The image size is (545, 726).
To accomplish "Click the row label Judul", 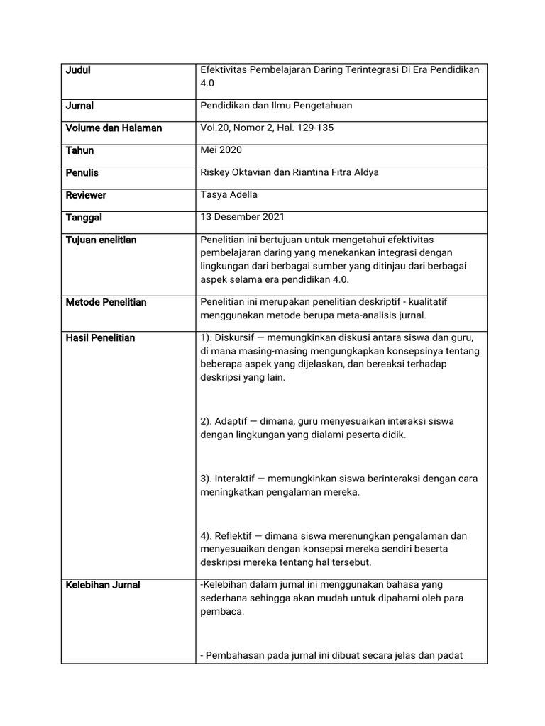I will pyautogui.click(x=78, y=70).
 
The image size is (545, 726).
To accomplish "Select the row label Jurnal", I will pyautogui.click(x=79, y=106).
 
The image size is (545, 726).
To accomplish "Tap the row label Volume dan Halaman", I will pyautogui.click(x=114, y=128).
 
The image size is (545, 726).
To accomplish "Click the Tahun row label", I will pyautogui.click(x=79, y=150).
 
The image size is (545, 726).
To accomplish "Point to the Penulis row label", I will pyautogui.click(x=82, y=173).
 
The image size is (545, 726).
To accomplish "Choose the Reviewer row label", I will pyautogui.click(x=85, y=195).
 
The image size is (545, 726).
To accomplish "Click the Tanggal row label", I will pyautogui.click(x=84, y=218).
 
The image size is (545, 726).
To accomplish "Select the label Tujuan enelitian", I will pyautogui.click(x=101, y=240).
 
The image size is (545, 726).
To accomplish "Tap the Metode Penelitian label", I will pyautogui.click(x=106, y=303).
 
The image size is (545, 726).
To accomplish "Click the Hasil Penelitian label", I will pyautogui.click(x=100, y=338).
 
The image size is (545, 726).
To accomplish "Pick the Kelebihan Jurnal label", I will pyautogui.click(x=103, y=586).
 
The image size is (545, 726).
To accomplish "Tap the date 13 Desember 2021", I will pyautogui.click(x=242, y=217).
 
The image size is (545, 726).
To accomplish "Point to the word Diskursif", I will pyautogui.click(x=237, y=337).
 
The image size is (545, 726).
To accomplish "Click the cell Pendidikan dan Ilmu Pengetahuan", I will pyautogui.click(x=276, y=106).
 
